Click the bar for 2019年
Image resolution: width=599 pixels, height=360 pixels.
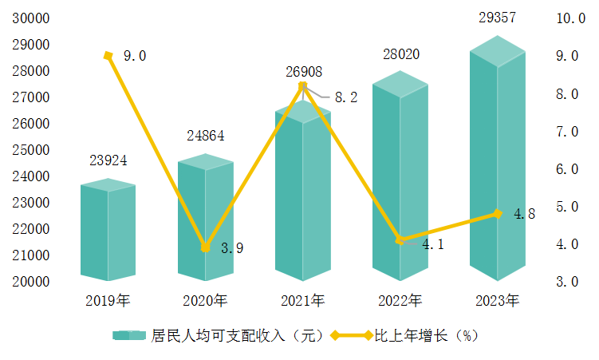tap(108, 231)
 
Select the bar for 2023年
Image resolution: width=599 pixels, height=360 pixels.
tap(497, 160)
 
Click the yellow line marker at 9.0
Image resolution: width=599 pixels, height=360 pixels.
tap(108, 55)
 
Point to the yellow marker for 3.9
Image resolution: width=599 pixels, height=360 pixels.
tap(206, 247)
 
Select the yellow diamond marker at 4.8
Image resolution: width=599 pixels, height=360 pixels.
tap(498, 213)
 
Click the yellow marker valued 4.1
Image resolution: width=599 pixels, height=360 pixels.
tap(400, 239)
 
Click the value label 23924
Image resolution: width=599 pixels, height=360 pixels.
tap(108, 161)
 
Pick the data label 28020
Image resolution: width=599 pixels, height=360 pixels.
tap(400, 55)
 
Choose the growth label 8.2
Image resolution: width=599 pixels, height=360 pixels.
tap(345, 97)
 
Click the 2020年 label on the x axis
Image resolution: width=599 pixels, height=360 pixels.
tap(205, 301)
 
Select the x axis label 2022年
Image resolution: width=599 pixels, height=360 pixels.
tap(400, 301)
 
